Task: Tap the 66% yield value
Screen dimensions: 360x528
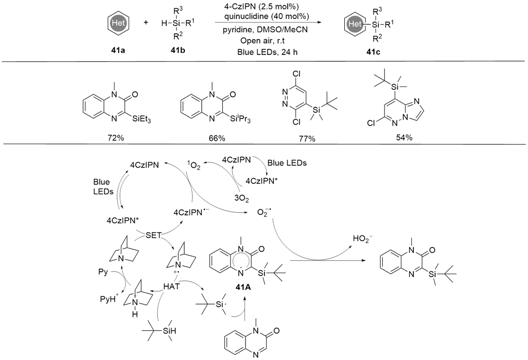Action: coord(216,138)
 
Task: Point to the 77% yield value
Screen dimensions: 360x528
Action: coord(305,138)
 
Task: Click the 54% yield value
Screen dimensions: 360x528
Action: coord(403,138)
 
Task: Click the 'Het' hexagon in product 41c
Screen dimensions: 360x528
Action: coord(352,23)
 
